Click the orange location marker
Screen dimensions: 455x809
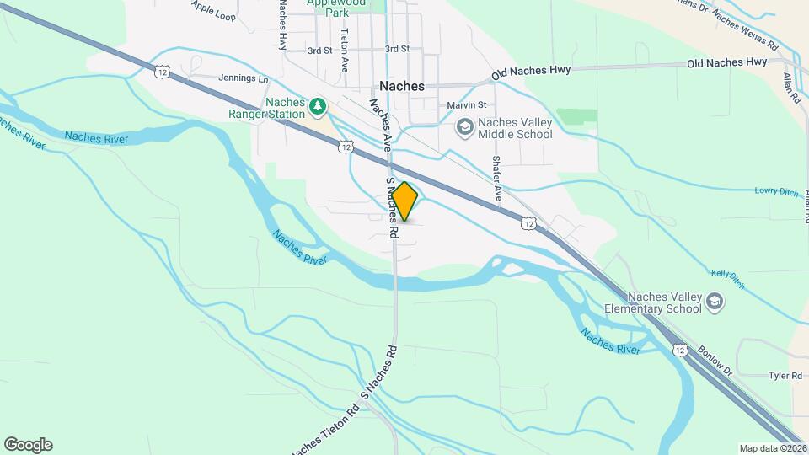pos(404,201)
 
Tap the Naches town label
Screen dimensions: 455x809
pos(402,86)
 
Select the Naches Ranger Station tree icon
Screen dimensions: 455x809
pos(318,106)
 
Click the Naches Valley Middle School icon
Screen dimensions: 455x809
pos(463,126)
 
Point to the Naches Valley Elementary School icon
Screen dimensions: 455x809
pos(715,301)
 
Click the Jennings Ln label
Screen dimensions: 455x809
pos(243,79)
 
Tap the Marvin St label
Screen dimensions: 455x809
pos(467,105)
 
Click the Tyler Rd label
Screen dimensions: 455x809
pos(781,375)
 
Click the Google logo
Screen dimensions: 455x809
pos(28,445)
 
